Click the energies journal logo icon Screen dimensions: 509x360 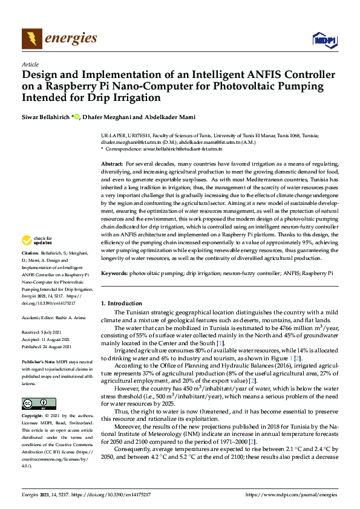point(31,39)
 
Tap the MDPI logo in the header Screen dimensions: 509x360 point(323,40)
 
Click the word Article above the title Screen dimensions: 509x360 point(30,64)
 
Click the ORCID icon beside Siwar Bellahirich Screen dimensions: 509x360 point(76,116)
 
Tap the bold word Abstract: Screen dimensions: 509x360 point(112,164)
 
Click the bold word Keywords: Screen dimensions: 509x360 point(114,273)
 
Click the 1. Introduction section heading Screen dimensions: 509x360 point(121,303)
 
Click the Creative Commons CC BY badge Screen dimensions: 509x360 point(34,403)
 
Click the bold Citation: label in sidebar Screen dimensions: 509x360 point(31,268)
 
